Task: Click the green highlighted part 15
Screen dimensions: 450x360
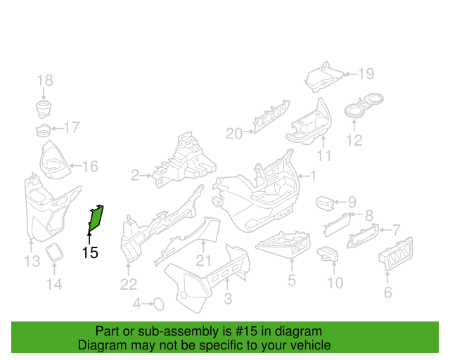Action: click(x=96, y=219)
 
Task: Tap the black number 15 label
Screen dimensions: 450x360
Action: click(x=90, y=253)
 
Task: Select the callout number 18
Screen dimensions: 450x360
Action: click(x=45, y=80)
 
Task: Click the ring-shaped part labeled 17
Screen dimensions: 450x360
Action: click(x=44, y=131)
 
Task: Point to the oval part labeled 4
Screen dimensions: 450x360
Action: click(x=159, y=304)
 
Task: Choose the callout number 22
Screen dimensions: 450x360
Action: click(x=129, y=285)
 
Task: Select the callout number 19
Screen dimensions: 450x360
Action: click(x=366, y=74)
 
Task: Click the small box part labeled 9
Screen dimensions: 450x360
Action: click(x=325, y=203)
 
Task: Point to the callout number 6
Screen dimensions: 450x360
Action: click(x=387, y=292)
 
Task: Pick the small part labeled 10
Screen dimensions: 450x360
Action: click(x=328, y=254)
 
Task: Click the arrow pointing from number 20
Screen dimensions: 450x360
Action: click(x=248, y=131)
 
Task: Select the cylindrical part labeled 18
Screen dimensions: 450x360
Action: click(x=43, y=109)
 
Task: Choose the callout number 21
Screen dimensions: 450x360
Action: click(x=203, y=261)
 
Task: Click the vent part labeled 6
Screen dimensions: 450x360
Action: click(x=396, y=254)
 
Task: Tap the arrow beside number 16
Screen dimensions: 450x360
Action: click(x=75, y=166)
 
